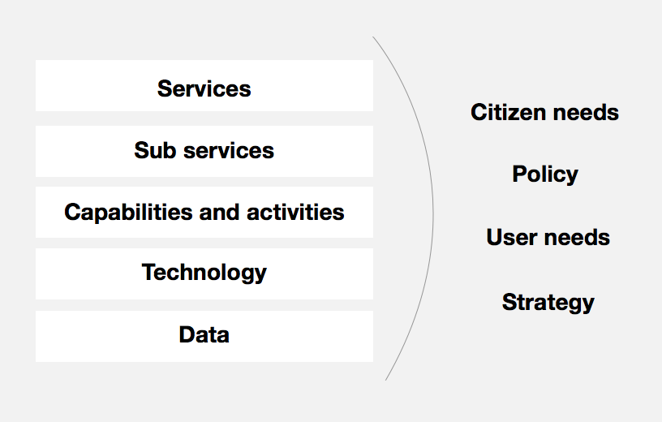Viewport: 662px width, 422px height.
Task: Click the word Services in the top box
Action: [x=204, y=88]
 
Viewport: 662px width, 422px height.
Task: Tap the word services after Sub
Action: [x=229, y=151]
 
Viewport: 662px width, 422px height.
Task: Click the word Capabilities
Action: [x=128, y=212]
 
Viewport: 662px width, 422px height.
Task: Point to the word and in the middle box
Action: [x=220, y=212]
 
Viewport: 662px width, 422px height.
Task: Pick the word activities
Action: [x=295, y=212]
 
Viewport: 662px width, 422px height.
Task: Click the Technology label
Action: [x=204, y=273]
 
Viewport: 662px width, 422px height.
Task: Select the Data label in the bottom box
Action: [x=204, y=334]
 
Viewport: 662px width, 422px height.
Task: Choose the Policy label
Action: [x=545, y=174]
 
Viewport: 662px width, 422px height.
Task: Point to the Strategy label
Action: [x=548, y=303]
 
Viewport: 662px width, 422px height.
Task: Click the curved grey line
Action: [x=433, y=211]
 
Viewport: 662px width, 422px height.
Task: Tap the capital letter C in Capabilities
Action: [x=73, y=212]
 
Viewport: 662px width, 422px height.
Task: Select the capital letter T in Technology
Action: [x=149, y=272]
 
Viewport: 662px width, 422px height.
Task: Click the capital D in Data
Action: [x=187, y=334]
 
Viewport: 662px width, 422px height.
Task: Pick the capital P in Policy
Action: [x=520, y=174]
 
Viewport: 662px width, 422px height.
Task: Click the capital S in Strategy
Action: [x=510, y=302]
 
